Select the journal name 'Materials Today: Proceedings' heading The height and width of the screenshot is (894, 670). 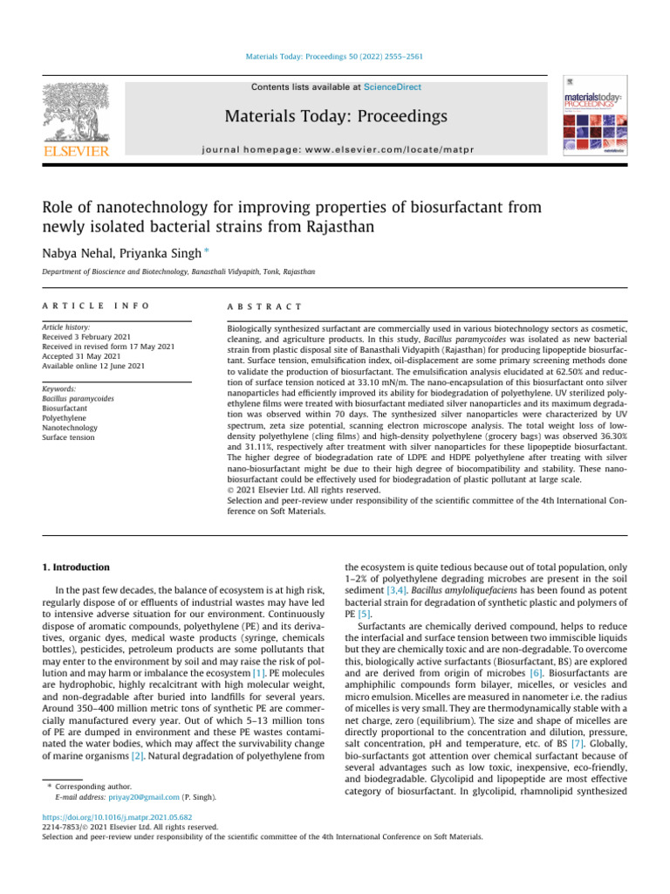pos(335,116)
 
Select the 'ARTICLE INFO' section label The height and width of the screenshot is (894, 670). pos(95,306)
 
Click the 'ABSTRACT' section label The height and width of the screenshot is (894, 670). pos(264,306)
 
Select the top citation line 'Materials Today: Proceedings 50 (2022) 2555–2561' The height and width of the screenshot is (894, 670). pos(335,57)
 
